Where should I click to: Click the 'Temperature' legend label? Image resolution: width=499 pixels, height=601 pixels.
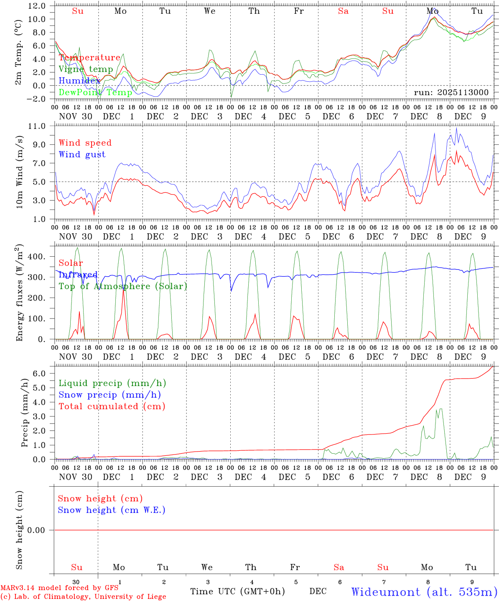tap(89, 58)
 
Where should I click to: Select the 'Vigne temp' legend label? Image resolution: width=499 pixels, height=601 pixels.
tap(86, 69)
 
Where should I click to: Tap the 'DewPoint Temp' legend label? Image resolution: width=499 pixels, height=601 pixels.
tap(95, 92)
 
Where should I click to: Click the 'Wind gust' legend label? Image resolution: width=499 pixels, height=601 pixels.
tap(82, 154)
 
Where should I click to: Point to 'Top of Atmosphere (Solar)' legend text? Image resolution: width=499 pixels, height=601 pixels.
tap(123, 286)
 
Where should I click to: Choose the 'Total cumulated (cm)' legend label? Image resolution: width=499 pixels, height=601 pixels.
tap(112, 406)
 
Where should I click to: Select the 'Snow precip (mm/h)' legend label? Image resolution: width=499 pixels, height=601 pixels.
tap(109, 395)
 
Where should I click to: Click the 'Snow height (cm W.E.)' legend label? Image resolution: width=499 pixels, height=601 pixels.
tap(112, 510)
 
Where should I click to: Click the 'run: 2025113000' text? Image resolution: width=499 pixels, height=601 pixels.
tap(451, 92)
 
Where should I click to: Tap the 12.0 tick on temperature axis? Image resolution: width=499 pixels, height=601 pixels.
tap(37, 6)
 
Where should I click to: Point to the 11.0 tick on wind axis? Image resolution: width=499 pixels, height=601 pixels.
tap(37, 126)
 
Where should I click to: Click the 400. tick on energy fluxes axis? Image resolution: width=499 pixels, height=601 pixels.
tap(37, 257)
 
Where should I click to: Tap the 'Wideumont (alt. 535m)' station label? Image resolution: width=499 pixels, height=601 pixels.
tap(424, 592)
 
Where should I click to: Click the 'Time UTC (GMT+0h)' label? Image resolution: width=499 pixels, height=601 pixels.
tap(237, 591)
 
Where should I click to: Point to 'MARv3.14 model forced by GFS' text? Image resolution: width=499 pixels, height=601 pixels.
tap(59, 588)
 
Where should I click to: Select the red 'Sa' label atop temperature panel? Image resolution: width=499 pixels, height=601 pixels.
tap(343, 11)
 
